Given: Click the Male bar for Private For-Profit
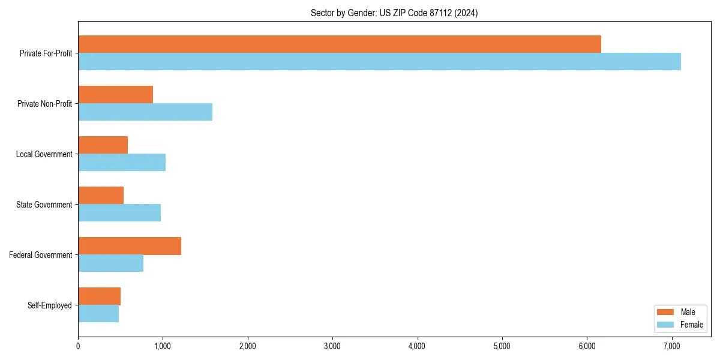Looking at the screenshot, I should pyautogui.click(x=340, y=44).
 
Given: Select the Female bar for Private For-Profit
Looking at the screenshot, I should pyautogui.click(x=379, y=62).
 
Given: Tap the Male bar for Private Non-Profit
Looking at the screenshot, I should pyautogui.click(x=115, y=95).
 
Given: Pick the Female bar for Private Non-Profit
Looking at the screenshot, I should pyautogui.click(x=145, y=112).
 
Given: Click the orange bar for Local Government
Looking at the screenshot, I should pyautogui.click(x=103, y=145).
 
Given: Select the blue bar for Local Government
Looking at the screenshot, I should pyautogui.click(x=122, y=163).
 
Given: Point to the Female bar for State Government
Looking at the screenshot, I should pyautogui.click(x=119, y=213).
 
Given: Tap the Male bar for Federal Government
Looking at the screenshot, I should pyautogui.click(x=130, y=246).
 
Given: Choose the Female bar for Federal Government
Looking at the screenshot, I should pyautogui.click(x=110, y=263).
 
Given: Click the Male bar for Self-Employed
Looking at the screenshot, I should pyautogui.click(x=99, y=296).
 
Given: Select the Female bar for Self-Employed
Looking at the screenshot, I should pyautogui.click(x=98, y=314).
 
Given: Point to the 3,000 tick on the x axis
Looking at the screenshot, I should pyautogui.click(x=332, y=346).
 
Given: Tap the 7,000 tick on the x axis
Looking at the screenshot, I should pyautogui.click(x=671, y=346).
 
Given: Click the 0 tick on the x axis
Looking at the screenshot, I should pyautogui.click(x=78, y=346).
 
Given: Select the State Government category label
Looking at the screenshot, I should pyautogui.click(x=44, y=205).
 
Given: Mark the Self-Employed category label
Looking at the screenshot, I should pyautogui.click(x=50, y=305).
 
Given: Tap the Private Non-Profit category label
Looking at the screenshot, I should pyautogui.click(x=44, y=104).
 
